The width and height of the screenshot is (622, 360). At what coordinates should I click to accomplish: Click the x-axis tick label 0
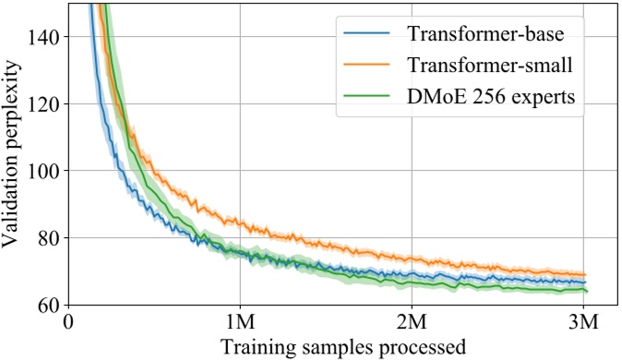click(x=69, y=325)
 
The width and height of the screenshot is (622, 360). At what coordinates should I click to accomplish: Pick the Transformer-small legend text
click(x=489, y=66)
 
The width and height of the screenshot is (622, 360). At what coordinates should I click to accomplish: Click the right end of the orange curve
click(x=586, y=274)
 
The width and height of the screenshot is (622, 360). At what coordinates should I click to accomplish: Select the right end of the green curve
click(x=587, y=291)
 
